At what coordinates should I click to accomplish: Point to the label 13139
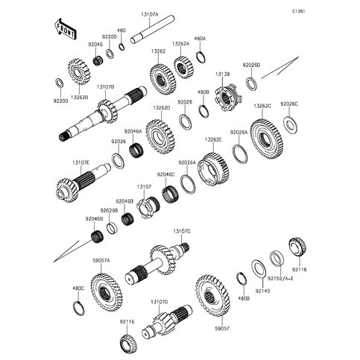(x=226, y=75)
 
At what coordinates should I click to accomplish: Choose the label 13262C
(x=262, y=106)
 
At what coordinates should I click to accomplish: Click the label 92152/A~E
(x=279, y=279)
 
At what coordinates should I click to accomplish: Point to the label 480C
(x=78, y=288)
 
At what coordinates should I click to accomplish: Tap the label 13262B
(x=80, y=97)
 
